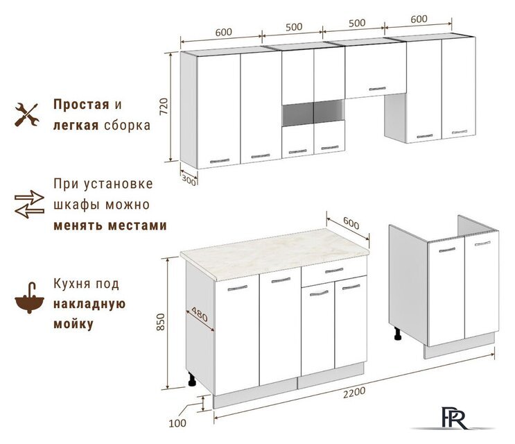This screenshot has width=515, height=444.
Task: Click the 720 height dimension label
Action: click(164, 106)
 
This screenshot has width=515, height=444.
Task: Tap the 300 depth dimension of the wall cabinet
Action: click(189, 180)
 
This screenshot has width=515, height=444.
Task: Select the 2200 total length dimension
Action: click(354, 393)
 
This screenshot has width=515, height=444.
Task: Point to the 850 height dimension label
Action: click(160, 322)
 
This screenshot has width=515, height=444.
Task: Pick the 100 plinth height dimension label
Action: click(177, 423)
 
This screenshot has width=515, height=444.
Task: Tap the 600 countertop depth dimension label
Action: click(351, 223)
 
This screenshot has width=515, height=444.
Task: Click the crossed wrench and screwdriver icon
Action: click(26, 114)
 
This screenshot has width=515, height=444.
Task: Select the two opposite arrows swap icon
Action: click(29, 204)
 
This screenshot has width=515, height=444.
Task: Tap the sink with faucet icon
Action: click(29, 298)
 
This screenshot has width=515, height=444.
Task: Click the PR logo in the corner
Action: click(454, 418)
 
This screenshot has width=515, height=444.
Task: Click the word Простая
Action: click(81, 105)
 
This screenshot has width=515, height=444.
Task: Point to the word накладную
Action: click(89, 304)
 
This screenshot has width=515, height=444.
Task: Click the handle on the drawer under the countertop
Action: click(333, 271)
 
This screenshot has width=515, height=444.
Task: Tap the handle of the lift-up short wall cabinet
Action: click(377, 89)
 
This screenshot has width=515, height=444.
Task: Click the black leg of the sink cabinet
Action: click(398, 334)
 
